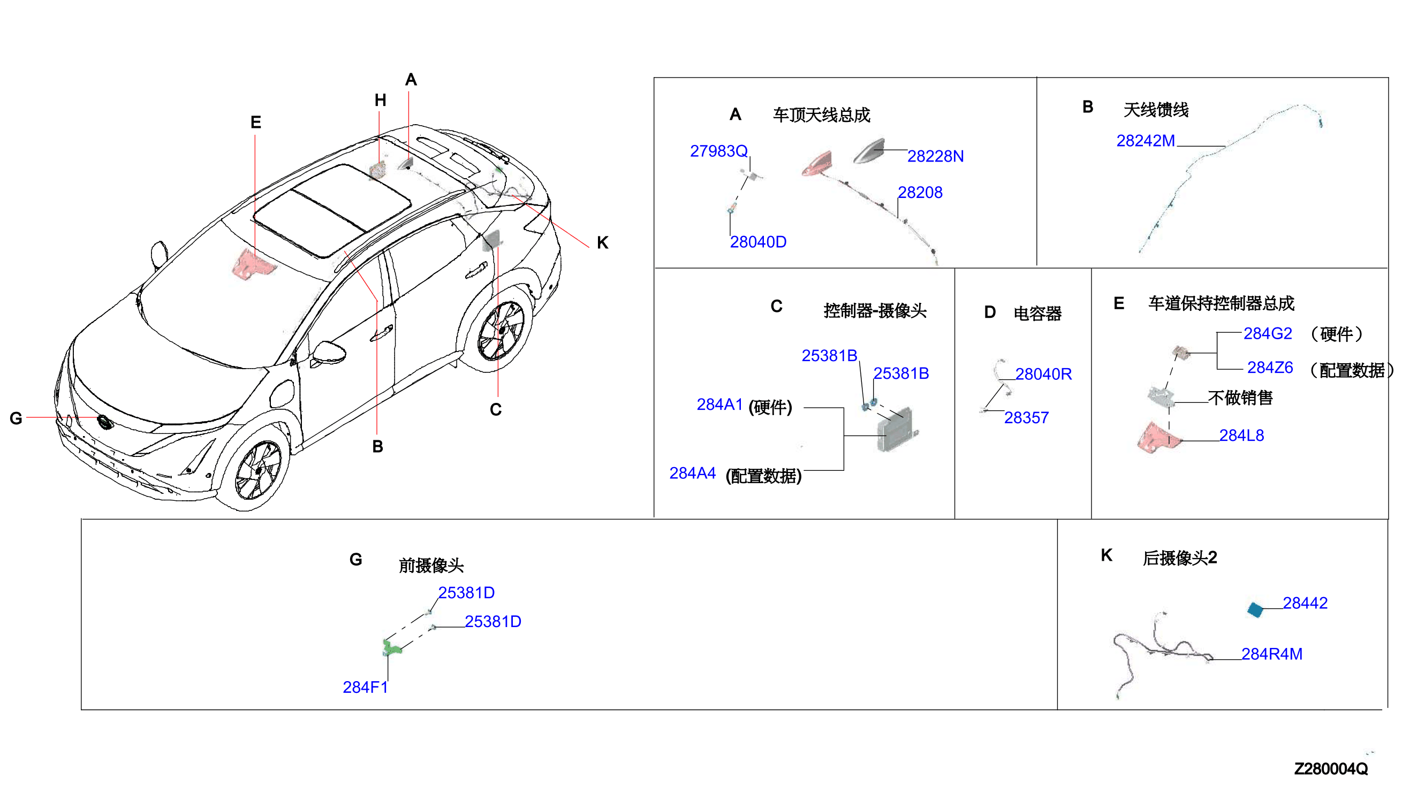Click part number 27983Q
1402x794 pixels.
[718, 151]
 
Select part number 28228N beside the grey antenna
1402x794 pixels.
[935, 157]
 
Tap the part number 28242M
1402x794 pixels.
[1145, 141]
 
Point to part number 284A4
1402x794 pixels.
[692, 473]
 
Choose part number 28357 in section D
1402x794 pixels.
[1026, 418]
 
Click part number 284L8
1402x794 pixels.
[1241, 435]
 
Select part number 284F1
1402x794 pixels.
[365, 687]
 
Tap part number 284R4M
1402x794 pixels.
[1271, 654]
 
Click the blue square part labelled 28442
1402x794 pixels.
[1255, 609]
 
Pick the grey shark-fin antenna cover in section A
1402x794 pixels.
[869, 151]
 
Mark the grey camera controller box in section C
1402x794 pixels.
[896, 430]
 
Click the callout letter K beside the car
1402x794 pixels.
[602, 243]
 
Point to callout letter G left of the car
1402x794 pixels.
[16, 418]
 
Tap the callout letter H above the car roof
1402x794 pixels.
[380, 100]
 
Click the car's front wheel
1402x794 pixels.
[257, 470]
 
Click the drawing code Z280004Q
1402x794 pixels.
[1331, 769]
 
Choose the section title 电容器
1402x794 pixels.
[1037, 313]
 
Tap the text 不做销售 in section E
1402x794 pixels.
[1240, 398]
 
